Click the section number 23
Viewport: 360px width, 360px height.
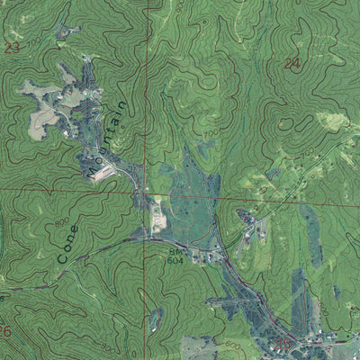pyautogui.click(x=12, y=49)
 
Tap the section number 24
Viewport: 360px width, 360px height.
pyautogui.click(x=292, y=63)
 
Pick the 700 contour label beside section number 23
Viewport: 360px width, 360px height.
pyautogui.click(x=35, y=41)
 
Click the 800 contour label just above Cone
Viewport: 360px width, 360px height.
pyautogui.click(x=62, y=221)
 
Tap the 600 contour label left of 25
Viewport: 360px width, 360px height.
pyautogui.click(x=233, y=345)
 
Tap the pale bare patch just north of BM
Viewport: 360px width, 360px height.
pyautogui.click(x=157, y=216)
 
